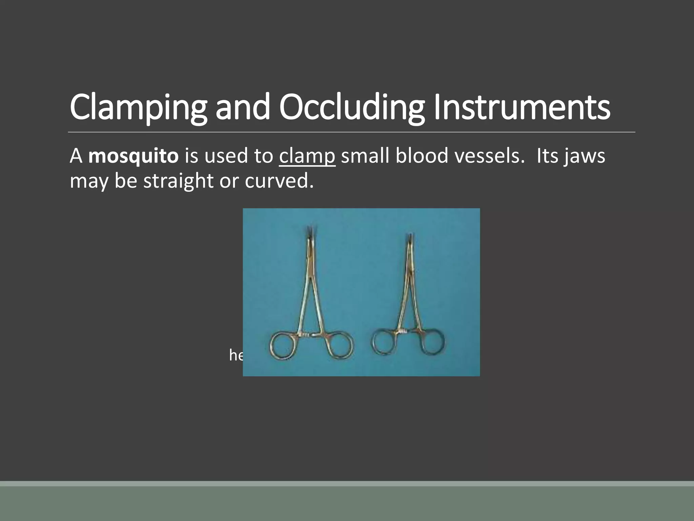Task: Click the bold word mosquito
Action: (x=133, y=156)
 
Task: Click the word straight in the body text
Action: (x=178, y=181)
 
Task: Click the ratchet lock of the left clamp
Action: (x=307, y=335)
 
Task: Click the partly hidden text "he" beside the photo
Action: (x=236, y=355)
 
